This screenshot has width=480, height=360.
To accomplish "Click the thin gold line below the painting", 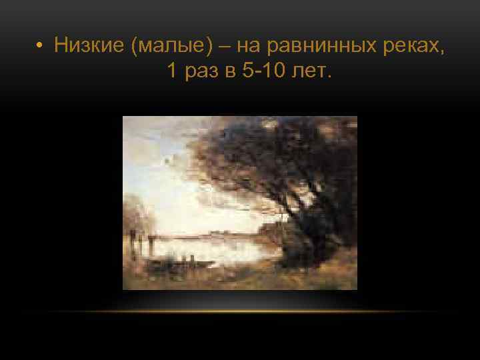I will (240, 311).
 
